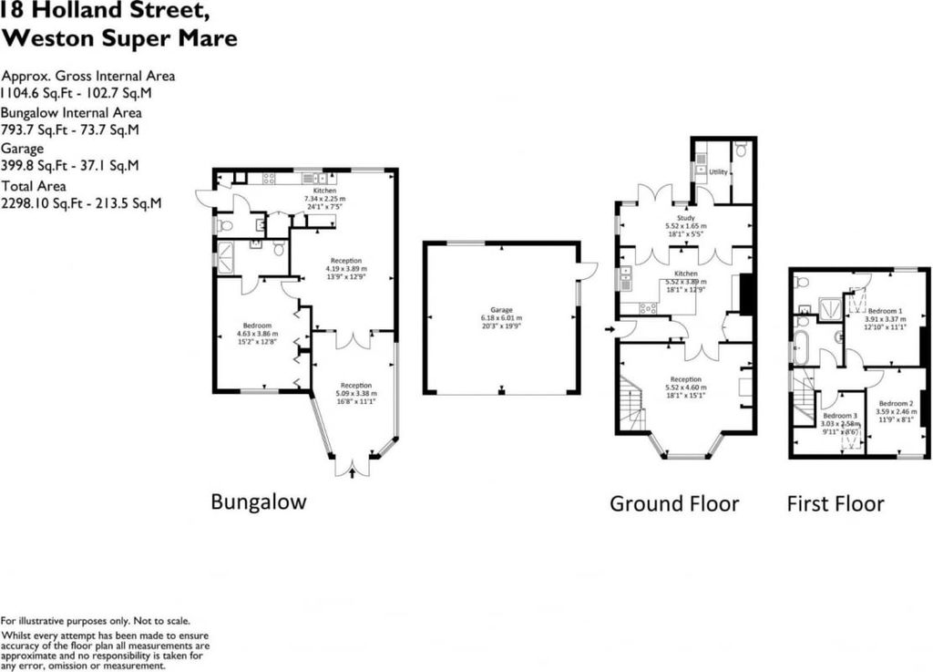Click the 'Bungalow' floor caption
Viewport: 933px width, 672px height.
tap(259, 501)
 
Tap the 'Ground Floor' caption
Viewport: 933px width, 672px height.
tap(674, 503)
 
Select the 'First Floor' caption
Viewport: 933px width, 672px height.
tap(836, 503)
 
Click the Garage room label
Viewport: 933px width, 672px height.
tap(501, 310)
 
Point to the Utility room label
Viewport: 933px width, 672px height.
tap(718, 171)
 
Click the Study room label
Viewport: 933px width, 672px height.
tap(685, 218)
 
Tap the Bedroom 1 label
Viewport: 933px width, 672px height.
tap(884, 311)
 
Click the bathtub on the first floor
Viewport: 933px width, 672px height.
tap(801, 347)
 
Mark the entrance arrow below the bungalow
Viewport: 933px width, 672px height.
tap(353, 472)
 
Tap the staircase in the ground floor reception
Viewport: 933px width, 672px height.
tap(632, 406)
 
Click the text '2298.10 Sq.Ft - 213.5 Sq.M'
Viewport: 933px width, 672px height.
tap(82, 203)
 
